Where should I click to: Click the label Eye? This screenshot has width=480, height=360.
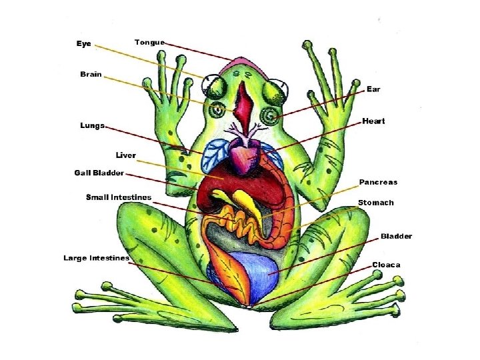click(x=83, y=43)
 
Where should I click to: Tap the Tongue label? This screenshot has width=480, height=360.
click(x=149, y=42)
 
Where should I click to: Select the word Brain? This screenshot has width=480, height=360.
click(x=91, y=74)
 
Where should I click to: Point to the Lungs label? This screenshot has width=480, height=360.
click(x=92, y=125)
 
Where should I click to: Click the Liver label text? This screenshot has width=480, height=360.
click(x=125, y=155)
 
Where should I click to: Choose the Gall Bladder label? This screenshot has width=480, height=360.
click(x=99, y=173)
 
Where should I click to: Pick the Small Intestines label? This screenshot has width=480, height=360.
click(x=119, y=197)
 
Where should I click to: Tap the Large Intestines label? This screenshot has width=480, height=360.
click(x=96, y=257)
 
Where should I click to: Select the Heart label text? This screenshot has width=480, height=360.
click(x=373, y=121)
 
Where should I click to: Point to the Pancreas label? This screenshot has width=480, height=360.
click(x=378, y=182)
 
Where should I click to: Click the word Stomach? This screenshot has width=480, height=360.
click(x=376, y=203)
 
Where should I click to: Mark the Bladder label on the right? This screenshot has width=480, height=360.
click(x=396, y=236)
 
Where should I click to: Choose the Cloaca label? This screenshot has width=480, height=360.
click(x=386, y=265)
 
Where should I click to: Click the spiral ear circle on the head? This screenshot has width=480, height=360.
click(x=271, y=116)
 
